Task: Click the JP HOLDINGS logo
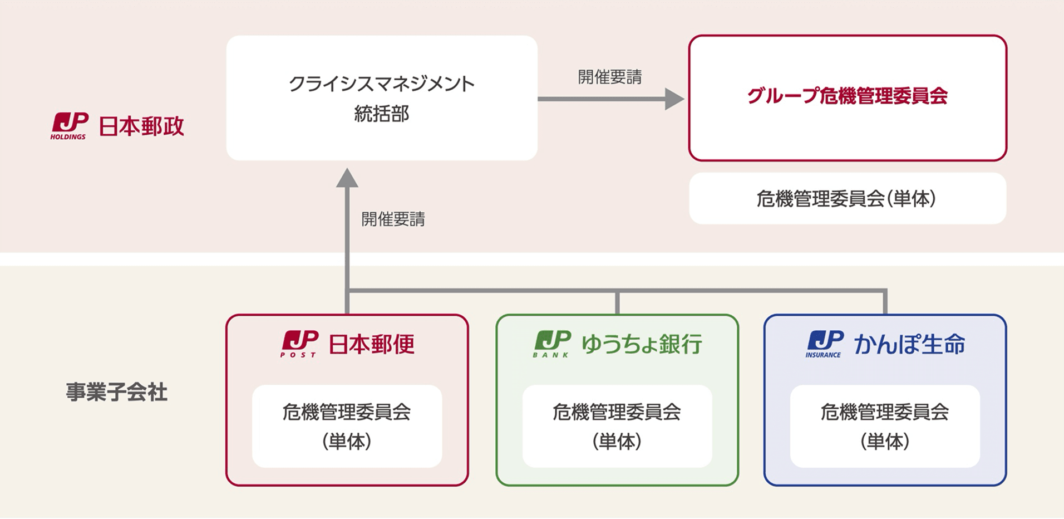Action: tap(70, 125)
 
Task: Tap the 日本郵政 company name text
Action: tap(141, 126)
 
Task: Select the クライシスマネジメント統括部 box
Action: tap(382, 98)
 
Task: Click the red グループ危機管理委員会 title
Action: tap(847, 96)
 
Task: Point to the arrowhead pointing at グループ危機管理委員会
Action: tap(674, 99)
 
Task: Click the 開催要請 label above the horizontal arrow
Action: tap(610, 77)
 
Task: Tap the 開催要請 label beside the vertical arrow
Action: tap(393, 219)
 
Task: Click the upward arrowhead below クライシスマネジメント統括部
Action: tap(347, 178)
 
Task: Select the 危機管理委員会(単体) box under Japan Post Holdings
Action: tap(847, 198)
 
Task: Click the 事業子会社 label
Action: tap(117, 392)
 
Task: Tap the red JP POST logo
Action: tap(299, 343)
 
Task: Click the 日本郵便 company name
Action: tap(371, 344)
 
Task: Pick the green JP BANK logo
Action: tap(552, 343)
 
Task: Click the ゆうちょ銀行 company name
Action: tap(642, 344)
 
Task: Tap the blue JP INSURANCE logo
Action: tap(824, 343)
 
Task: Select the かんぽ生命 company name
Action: tap(909, 344)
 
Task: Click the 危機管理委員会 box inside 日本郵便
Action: tap(347, 426)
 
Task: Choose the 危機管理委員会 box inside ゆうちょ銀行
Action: tap(617, 426)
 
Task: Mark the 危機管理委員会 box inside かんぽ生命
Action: tap(885, 426)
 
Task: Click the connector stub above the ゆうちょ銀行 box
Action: tap(617, 303)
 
